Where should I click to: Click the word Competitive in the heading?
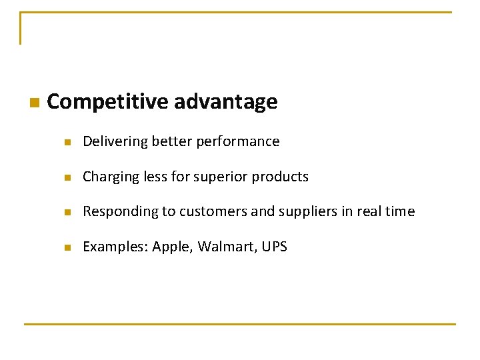pos(107,102)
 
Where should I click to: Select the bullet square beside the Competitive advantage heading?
pos(34,103)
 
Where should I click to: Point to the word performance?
pos(244,141)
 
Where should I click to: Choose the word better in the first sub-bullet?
pos(171,141)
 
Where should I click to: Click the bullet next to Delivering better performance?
pos(67,142)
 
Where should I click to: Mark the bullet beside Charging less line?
pos(67,177)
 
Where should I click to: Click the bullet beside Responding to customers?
pos(67,212)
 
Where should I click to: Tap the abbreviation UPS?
pos(274,247)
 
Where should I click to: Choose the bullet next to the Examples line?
pos(67,247)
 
